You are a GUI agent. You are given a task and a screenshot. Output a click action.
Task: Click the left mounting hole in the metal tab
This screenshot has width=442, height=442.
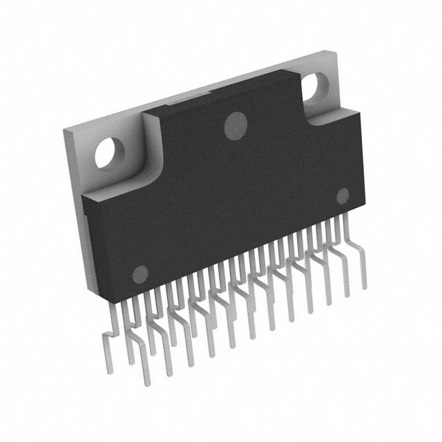coord(110,152)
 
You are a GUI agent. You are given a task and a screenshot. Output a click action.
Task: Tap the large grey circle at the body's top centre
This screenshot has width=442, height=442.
coord(237,125)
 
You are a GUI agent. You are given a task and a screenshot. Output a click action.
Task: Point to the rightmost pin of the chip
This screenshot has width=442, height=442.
coord(361,266)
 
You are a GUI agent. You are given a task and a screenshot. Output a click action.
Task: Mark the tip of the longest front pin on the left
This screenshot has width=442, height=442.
coord(146,384)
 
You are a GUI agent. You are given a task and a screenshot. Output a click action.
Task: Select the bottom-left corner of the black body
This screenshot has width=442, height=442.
coord(88,290)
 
